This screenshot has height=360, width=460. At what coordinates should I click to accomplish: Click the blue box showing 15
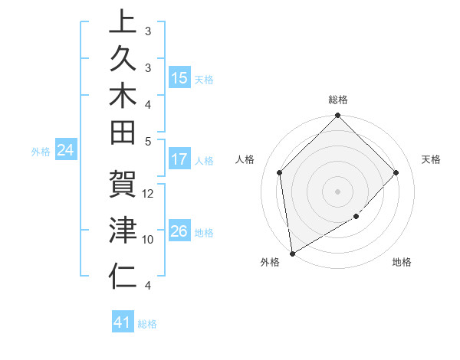click(179, 78)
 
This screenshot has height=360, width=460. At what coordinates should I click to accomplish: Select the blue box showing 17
click(179, 160)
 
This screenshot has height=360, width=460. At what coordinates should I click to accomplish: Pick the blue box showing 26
click(179, 231)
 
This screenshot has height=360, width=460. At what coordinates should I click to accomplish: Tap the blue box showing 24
click(66, 151)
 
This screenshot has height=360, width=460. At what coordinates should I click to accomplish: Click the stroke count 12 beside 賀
click(149, 193)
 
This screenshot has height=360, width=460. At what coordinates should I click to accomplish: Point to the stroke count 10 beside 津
click(149, 239)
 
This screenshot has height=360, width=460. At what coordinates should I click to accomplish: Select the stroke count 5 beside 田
click(148, 140)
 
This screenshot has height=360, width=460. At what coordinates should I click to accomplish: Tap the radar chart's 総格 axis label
click(337, 100)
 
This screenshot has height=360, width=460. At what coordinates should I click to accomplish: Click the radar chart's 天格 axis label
click(431, 159)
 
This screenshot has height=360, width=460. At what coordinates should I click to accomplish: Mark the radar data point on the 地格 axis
click(356, 218)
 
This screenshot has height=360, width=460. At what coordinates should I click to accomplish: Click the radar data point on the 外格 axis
click(292, 254)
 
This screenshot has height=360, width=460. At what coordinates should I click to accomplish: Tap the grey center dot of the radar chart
click(337, 191)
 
